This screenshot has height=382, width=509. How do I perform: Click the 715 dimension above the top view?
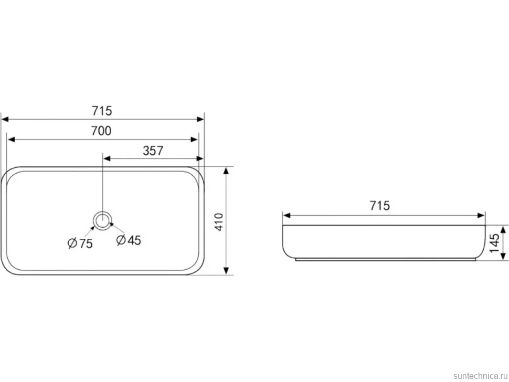[102, 111]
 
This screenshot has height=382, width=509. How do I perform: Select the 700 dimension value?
[101, 131]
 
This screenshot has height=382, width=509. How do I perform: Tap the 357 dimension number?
[153, 151]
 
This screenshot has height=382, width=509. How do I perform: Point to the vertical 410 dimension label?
[219, 222]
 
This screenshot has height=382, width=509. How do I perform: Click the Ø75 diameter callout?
[80, 243]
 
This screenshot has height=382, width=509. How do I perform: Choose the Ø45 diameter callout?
[129, 240]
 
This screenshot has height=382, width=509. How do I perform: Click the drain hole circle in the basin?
[103, 221]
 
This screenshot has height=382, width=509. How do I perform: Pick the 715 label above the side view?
[380, 206]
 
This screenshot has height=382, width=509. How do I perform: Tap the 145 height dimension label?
[494, 243]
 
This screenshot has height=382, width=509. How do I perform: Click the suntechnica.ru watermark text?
[480, 376]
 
